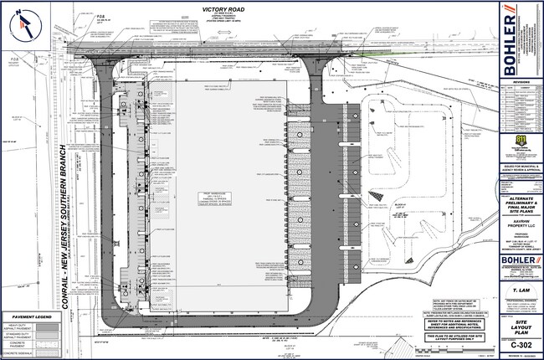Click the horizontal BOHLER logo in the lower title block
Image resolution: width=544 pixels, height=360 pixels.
(x=518, y=260)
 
